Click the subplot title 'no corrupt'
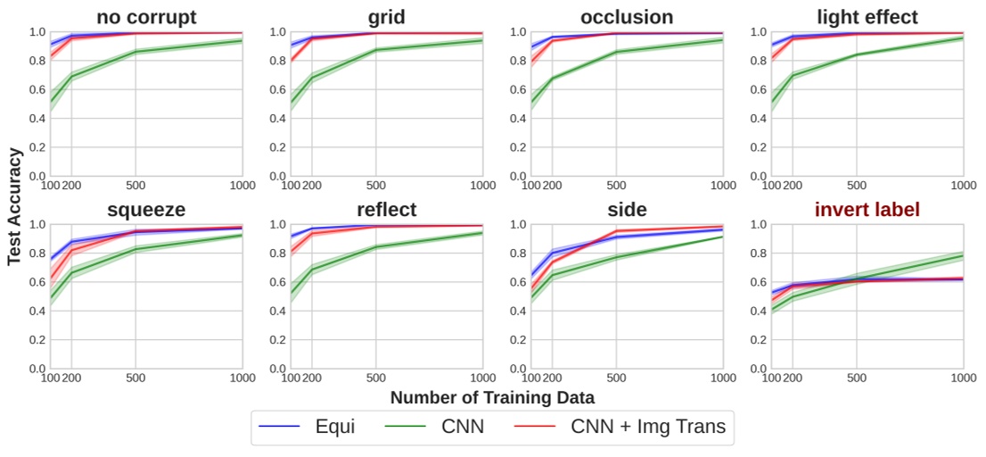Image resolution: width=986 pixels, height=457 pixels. pyautogui.click(x=146, y=17)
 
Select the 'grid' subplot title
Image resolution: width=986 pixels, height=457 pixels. pyautogui.click(x=386, y=17)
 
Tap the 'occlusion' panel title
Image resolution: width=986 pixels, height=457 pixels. pyautogui.click(x=627, y=17)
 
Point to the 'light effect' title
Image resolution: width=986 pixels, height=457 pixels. pyautogui.click(x=867, y=17)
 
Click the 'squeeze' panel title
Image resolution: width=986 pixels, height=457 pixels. pyautogui.click(x=146, y=210)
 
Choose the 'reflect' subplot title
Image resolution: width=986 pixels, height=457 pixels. pyautogui.click(x=386, y=210)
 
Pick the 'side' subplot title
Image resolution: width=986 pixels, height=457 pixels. pyautogui.click(x=627, y=210)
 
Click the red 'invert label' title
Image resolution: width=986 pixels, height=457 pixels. pyautogui.click(x=867, y=210)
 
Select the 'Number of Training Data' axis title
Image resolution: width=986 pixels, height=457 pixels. pyautogui.click(x=492, y=397)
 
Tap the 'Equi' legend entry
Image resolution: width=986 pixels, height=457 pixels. pyautogui.click(x=334, y=427)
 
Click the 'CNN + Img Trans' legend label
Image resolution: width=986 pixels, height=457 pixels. pyautogui.click(x=648, y=427)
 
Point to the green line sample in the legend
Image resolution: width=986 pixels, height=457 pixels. pyautogui.click(x=407, y=428)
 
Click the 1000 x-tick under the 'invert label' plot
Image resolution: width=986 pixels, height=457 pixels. pyautogui.click(x=963, y=378)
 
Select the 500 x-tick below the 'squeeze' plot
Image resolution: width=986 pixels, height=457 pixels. pyautogui.click(x=136, y=378)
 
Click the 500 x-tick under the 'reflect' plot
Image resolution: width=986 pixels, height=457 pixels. pyautogui.click(x=375, y=378)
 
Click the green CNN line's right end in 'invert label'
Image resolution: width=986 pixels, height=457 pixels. pyautogui.click(x=963, y=256)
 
